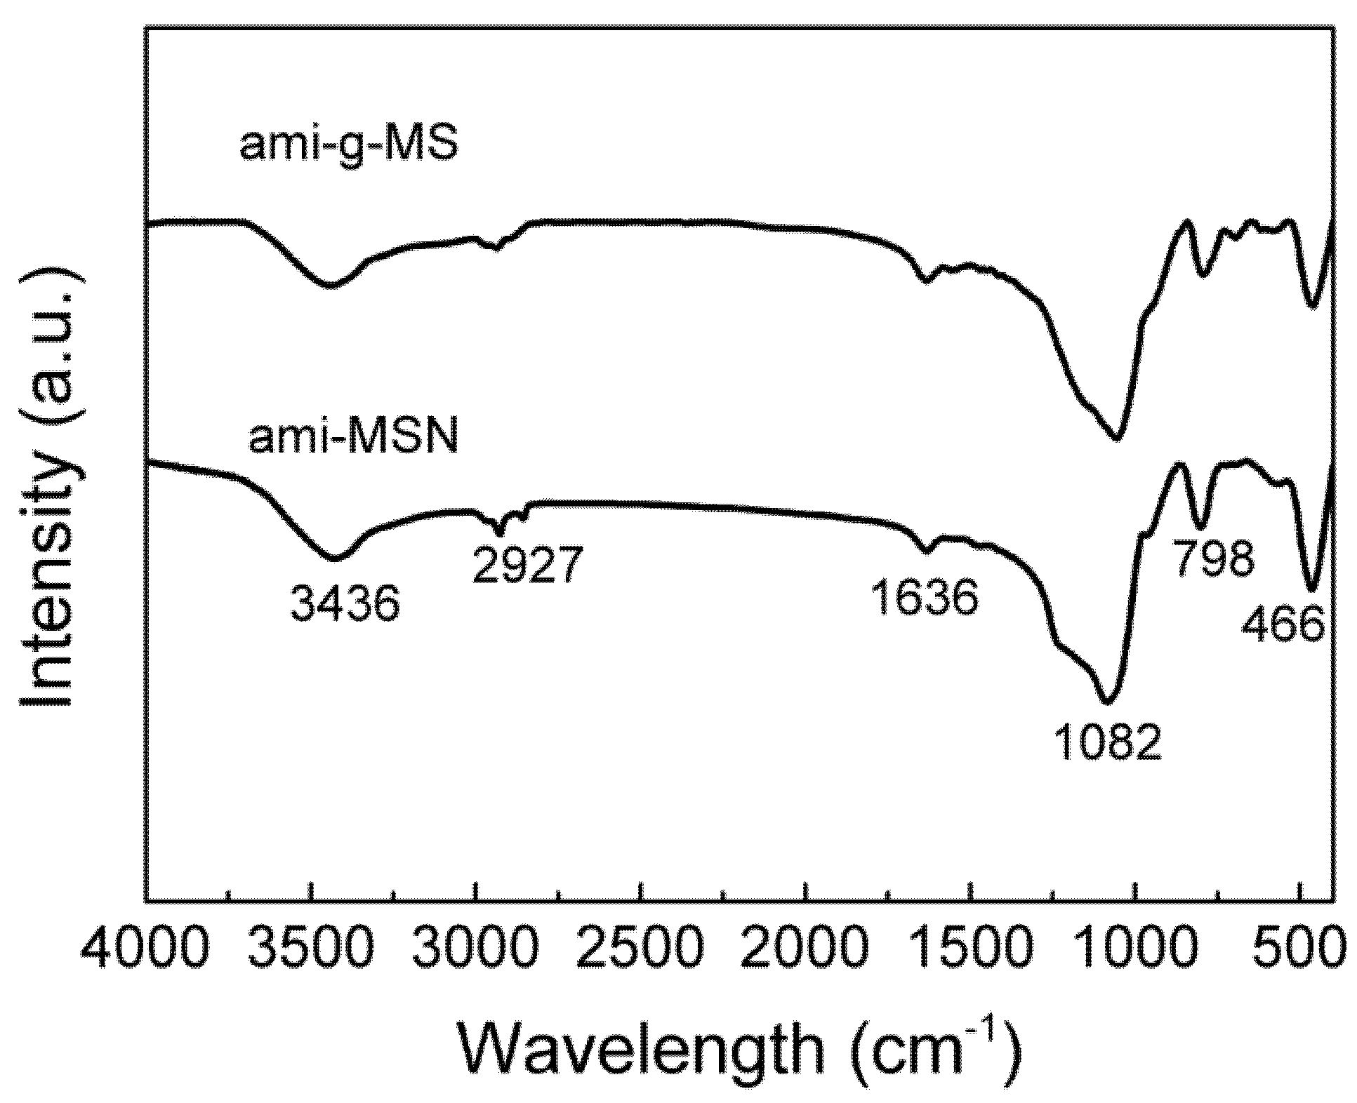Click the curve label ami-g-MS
tap(349, 147)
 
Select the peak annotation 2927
tap(528, 565)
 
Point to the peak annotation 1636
tap(925, 598)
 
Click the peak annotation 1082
tap(1108, 743)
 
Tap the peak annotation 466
tap(1283, 623)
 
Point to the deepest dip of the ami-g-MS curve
tap(1117, 439)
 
